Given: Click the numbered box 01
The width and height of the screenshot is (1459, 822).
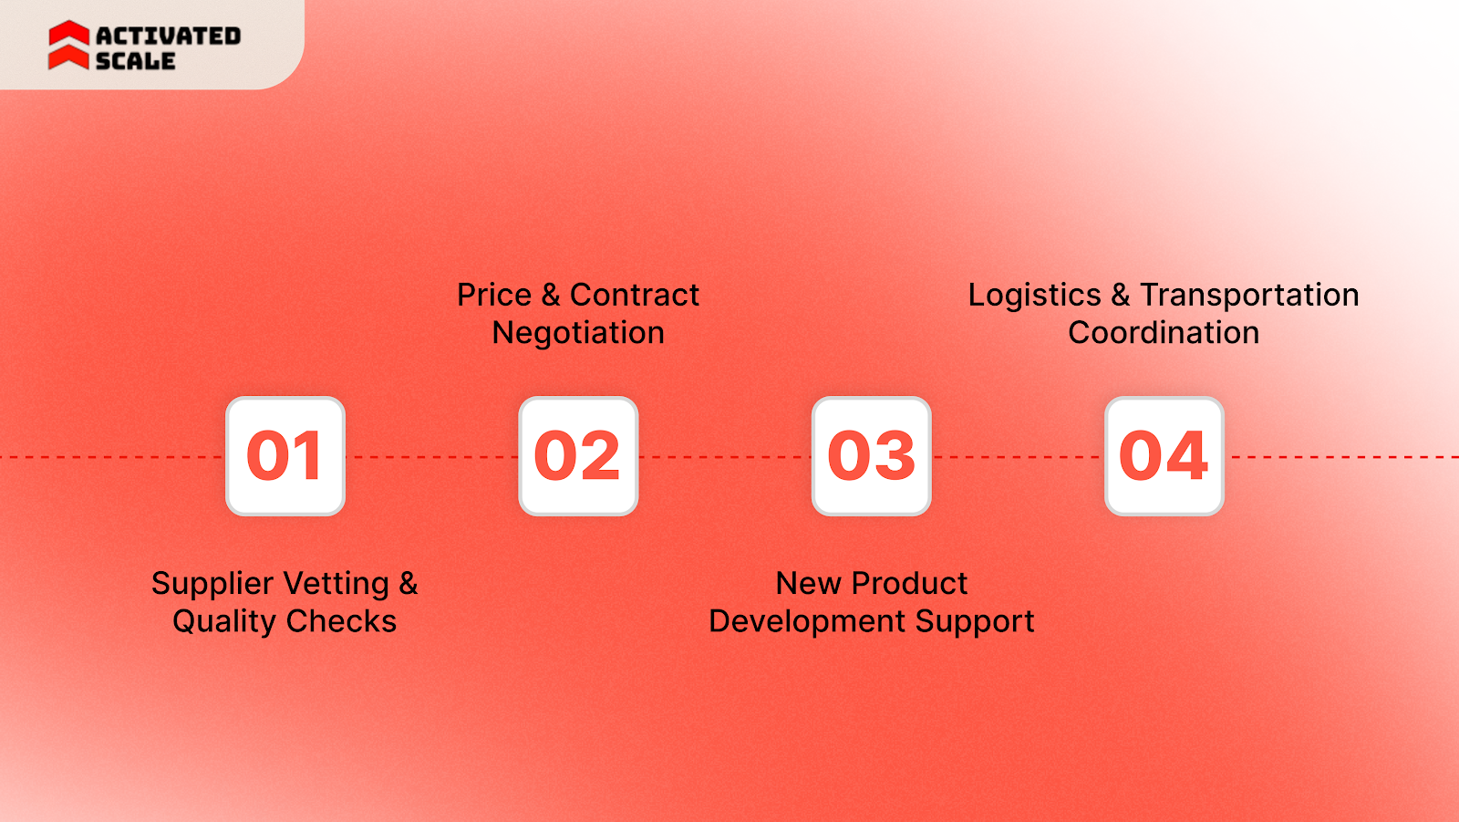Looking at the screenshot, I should (285, 456).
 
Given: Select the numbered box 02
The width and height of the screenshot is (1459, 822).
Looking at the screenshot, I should (578, 456).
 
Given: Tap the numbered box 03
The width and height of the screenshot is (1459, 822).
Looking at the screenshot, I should (871, 456).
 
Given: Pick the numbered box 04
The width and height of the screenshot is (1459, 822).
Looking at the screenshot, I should (1164, 456).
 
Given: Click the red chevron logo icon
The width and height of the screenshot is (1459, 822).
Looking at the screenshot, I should (68, 46).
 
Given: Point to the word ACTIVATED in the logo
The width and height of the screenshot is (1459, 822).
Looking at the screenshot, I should (169, 36).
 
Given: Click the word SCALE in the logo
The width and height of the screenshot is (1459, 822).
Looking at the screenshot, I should (135, 61).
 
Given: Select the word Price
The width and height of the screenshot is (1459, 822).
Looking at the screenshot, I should (494, 296).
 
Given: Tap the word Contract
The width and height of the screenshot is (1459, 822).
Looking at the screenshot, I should (635, 296).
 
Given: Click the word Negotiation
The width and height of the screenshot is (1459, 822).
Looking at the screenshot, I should (578, 334).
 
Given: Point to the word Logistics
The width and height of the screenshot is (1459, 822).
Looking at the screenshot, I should (1034, 296).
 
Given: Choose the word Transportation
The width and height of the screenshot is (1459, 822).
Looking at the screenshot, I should (1249, 296).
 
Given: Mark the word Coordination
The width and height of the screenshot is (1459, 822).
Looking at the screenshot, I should (1164, 333).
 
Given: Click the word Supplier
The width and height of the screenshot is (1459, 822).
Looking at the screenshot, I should (212, 584).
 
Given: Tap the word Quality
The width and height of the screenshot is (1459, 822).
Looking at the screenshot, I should (223, 622).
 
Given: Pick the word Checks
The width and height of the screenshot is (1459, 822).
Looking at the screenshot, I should (341, 622).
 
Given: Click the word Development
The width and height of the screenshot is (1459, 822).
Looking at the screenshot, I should (807, 622).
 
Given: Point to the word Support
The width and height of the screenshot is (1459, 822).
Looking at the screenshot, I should (975, 622).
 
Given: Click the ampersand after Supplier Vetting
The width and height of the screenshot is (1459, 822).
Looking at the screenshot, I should (409, 584).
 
